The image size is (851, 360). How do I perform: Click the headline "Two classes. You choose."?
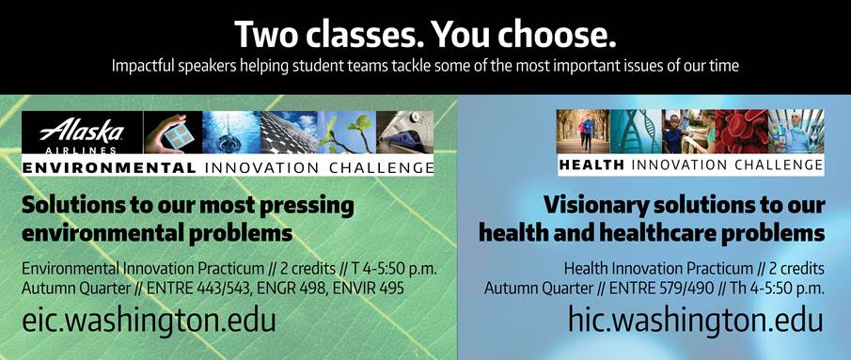pos(425,35)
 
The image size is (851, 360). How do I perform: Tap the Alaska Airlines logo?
pos(82,133)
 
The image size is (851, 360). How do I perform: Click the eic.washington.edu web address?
pos(149,320)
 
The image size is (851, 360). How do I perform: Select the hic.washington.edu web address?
pos(696,320)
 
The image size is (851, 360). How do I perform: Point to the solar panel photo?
pos(289,133)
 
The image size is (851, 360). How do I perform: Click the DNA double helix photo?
pos(636,132)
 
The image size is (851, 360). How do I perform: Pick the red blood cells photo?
pos(741,132)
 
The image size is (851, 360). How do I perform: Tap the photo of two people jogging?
pos(583,132)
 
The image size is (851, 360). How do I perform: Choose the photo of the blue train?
pos(405,133)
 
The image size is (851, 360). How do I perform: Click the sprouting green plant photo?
pos(347,133)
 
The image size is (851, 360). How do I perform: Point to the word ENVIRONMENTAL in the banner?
pos(109,168)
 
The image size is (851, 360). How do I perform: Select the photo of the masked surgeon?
pos(796,132)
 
